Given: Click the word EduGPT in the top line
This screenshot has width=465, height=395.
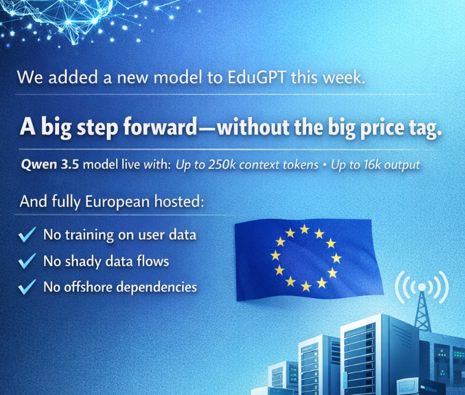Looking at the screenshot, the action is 257,77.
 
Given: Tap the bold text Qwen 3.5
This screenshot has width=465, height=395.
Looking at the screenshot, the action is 50,164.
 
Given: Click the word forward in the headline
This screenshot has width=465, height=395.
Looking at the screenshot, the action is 160,126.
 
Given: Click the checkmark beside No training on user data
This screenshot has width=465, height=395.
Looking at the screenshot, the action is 27,234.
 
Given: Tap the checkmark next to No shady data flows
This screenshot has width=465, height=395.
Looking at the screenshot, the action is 27,261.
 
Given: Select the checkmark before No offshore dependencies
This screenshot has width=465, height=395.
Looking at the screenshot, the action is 27,287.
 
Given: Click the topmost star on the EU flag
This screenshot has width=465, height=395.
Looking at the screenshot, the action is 304,229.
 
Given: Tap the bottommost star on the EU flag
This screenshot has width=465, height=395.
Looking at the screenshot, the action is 306,286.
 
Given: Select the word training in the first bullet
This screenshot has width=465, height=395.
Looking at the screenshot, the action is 90,235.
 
